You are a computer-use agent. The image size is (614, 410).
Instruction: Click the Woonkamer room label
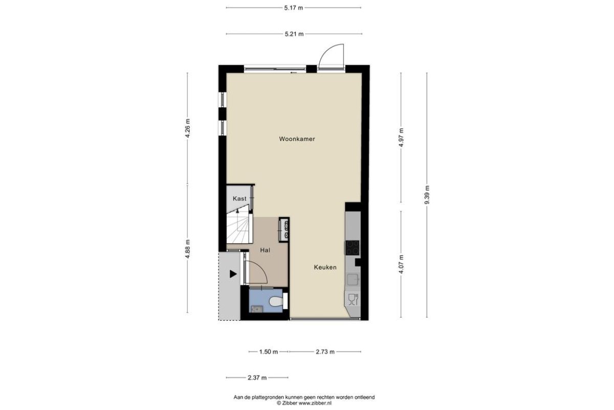point(297,139)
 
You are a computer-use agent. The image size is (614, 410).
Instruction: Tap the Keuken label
point(325,267)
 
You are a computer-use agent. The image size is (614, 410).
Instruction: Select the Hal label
point(265,250)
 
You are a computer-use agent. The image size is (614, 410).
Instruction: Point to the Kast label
point(239,198)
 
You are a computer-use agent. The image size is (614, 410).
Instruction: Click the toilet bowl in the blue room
point(275,302)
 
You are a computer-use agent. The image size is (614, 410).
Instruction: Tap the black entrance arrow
point(233,274)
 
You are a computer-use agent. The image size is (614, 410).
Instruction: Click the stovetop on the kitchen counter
point(352,248)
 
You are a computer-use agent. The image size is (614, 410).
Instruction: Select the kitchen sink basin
point(353,280)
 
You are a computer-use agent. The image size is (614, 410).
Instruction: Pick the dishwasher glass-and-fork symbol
point(353,299)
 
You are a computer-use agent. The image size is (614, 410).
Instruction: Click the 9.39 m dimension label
point(427,195)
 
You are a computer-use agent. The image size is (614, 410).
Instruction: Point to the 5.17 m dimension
point(294,8)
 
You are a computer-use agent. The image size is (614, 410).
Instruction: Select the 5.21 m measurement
point(294,34)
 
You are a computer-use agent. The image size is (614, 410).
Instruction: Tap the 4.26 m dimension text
point(187,128)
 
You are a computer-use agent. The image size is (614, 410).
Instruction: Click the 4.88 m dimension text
point(187,249)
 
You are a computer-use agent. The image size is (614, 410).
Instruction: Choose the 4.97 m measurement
point(401,137)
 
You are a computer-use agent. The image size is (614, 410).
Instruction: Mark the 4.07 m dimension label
point(401,264)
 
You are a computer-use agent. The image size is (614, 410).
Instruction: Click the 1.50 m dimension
point(269,352)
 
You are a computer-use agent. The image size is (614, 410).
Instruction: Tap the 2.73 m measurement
point(325,352)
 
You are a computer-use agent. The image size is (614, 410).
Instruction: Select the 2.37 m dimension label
point(257,378)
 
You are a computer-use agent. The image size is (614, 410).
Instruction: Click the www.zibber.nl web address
point(315,403)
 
